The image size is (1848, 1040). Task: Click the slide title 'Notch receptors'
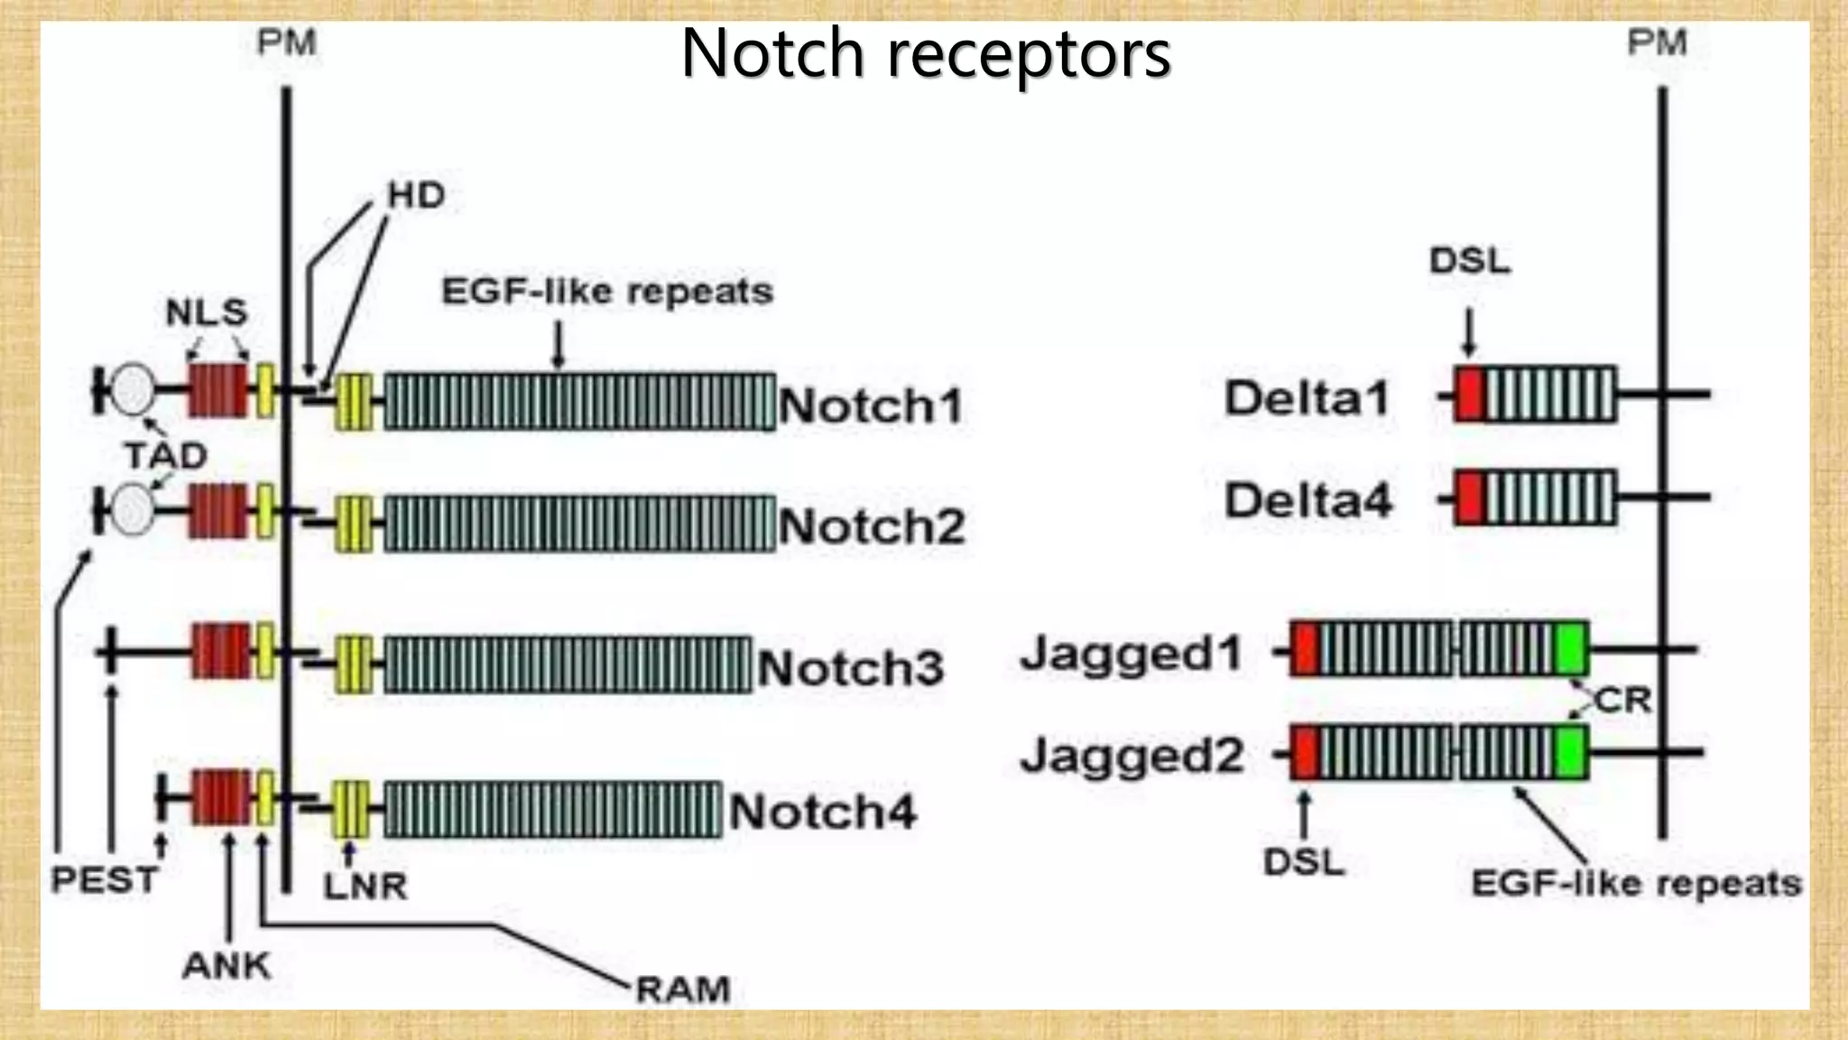point(925,54)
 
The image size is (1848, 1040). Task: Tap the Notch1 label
point(871,405)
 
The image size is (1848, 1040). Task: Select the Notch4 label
point(822,812)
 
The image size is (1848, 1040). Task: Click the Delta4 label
point(1307,500)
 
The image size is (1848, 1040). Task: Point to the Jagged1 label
point(1132,654)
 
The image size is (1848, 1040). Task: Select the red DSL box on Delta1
point(1469,395)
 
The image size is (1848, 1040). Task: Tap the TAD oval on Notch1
point(133,390)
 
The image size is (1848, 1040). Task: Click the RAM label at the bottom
point(682,989)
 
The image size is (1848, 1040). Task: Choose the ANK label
point(226,966)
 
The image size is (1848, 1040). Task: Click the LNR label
point(365,887)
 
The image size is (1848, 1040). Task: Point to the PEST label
point(105,879)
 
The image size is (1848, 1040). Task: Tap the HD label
point(416,195)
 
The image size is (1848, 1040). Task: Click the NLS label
point(207,312)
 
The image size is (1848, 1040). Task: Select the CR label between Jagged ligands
point(1622,701)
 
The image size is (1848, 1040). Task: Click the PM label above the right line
point(1657,42)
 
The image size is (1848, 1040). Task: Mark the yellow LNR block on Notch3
point(353,665)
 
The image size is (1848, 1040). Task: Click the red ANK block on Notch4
point(220,797)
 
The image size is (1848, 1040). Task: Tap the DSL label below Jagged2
point(1304,862)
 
